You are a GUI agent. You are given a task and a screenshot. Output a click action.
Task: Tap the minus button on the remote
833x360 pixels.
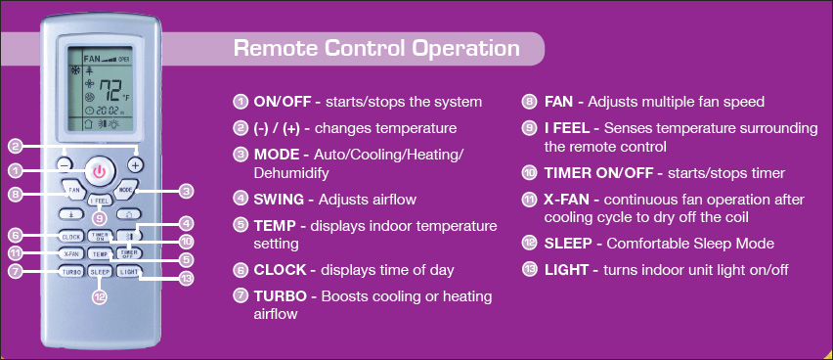pyautogui.click(x=66, y=165)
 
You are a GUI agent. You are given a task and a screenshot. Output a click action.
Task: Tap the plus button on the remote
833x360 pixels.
pyautogui.click(x=135, y=165)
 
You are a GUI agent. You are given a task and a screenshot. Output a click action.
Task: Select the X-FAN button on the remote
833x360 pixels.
pyautogui.click(x=70, y=253)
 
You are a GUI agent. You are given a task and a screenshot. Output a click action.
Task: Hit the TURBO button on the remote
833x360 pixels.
pyautogui.click(x=70, y=271)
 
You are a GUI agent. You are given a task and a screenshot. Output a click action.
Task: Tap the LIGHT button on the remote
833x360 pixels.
pyautogui.click(x=128, y=271)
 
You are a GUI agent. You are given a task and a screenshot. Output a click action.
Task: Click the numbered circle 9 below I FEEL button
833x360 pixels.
pyautogui.click(x=99, y=218)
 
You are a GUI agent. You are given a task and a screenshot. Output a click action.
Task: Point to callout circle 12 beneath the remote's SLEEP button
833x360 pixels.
pyautogui.click(x=99, y=297)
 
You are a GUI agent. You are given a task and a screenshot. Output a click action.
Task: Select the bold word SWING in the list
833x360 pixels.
pyautogui.click(x=280, y=200)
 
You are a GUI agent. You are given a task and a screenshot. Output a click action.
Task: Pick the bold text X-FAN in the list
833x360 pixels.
pyautogui.click(x=570, y=199)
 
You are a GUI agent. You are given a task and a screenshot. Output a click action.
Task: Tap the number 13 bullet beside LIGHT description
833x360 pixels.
pyautogui.click(x=529, y=269)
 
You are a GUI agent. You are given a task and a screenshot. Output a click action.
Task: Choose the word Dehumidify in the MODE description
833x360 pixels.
pyautogui.click(x=289, y=172)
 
